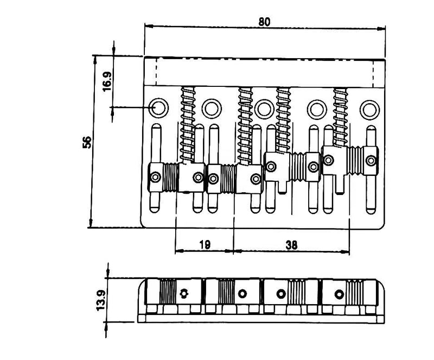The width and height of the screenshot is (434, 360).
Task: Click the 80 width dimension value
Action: click(264, 22)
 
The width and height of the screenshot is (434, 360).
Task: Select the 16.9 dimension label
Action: click(107, 81)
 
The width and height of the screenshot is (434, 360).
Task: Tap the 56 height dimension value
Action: click(87, 142)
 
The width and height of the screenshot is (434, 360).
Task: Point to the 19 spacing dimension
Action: click(205, 244)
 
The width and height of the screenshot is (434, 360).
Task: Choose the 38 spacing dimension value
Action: click(291, 245)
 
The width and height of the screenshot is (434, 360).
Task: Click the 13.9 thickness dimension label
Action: click(100, 300)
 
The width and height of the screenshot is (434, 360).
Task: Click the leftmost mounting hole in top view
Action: click(158, 108)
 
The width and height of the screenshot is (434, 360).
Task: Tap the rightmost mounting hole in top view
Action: click(369, 110)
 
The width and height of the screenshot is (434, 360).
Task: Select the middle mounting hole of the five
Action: click(264, 109)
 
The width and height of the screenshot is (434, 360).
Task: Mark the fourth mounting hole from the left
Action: click(317, 110)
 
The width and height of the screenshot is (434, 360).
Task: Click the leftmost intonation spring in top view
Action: click(188, 125)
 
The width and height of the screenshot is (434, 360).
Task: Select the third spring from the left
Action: click(283, 120)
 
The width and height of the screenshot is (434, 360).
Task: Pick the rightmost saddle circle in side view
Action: click(339, 294)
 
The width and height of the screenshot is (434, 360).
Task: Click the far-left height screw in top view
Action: click(155, 177)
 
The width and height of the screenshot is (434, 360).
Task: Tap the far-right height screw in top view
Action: click(371, 161)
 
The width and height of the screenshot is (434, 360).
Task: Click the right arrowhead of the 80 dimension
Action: click(381, 28)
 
